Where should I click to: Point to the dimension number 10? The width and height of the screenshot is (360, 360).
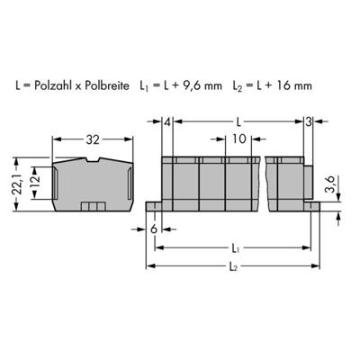238,139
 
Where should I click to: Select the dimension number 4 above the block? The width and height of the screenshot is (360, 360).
167,121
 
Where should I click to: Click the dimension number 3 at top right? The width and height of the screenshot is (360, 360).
309,121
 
